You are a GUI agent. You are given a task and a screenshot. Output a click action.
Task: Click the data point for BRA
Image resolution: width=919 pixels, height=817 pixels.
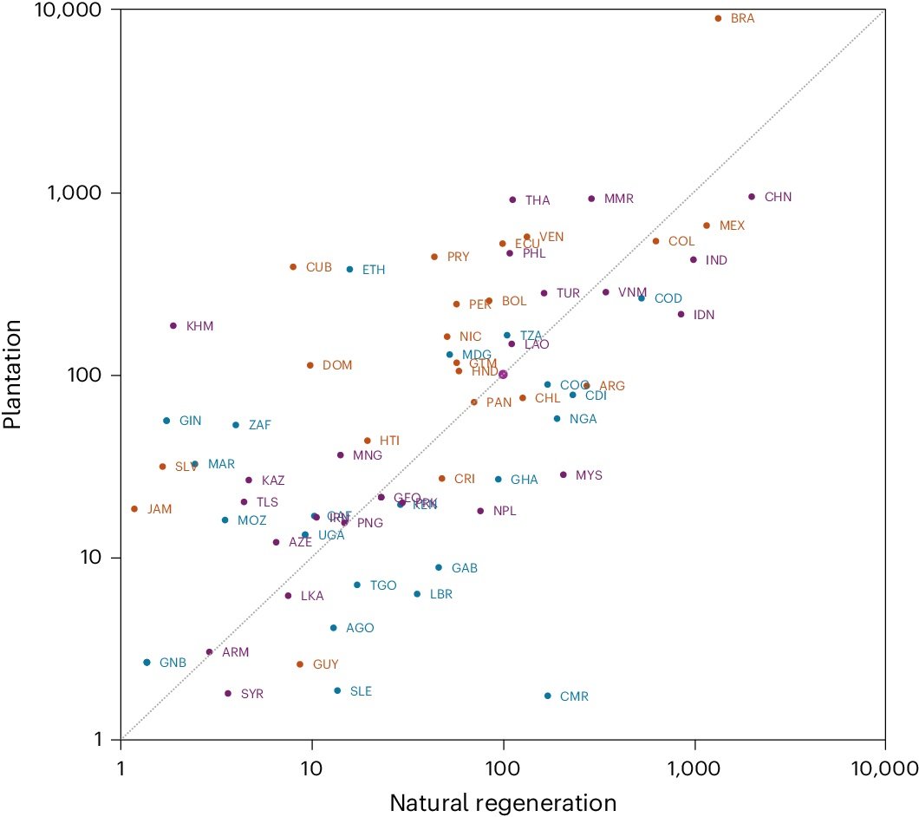[718, 18]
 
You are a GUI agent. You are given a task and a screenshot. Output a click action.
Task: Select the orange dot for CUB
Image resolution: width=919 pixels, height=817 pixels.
[293, 267]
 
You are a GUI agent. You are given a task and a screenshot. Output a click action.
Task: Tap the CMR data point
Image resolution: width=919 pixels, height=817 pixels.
[547, 696]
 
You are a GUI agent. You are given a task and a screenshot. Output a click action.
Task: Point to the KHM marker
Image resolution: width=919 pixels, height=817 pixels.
[173, 326]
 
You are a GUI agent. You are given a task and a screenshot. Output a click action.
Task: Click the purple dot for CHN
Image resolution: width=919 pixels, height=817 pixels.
[752, 197]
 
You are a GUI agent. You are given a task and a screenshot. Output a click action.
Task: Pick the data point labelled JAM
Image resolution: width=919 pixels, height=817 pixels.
[134, 509]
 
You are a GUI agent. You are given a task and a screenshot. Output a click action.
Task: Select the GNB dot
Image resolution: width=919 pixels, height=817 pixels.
[147, 663]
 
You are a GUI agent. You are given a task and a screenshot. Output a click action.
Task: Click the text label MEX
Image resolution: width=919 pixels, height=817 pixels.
[732, 225]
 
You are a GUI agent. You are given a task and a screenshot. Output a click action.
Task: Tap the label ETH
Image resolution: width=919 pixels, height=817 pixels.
[374, 270]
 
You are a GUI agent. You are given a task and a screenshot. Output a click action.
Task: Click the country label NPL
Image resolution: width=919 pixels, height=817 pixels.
[505, 511]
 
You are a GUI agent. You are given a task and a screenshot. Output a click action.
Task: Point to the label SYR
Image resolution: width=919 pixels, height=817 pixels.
[252, 694]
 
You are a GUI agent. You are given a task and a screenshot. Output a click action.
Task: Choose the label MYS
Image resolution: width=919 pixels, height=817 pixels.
[589, 475]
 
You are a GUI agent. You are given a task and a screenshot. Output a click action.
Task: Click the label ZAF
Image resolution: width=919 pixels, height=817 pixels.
[260, 425]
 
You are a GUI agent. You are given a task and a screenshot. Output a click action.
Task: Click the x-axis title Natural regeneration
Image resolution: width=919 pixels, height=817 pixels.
[503, 802]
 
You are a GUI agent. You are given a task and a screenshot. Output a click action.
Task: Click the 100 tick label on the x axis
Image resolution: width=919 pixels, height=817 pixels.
[503, 768]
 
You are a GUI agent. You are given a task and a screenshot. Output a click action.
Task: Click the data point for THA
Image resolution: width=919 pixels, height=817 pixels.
[512, 199]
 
